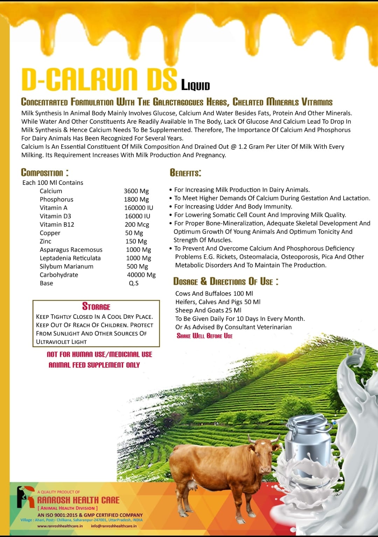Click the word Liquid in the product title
click(x=195, y=85)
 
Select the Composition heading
click(x=45, y=172)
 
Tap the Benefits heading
click(x=185, y=173)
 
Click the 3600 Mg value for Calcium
click(x=136, y=191)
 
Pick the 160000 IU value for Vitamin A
click(x=139, y=208)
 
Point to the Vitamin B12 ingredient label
click(x=57, y=224)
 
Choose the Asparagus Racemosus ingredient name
click(x=71, y=250)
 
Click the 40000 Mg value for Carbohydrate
click(x=141, y=275)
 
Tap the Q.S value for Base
click(x=134, y=283)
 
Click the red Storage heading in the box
click(x=96, y=307)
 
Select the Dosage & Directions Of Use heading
click(x=226, y=281)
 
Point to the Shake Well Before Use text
click(x=204, y=336)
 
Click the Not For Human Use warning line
click(x=99, y=354)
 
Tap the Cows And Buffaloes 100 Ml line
click(x=214, y=293)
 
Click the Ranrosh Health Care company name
click(x=78, y=500)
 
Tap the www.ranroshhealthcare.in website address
click(x=60, y=526)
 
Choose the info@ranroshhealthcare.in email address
click(x=114, y=526)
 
